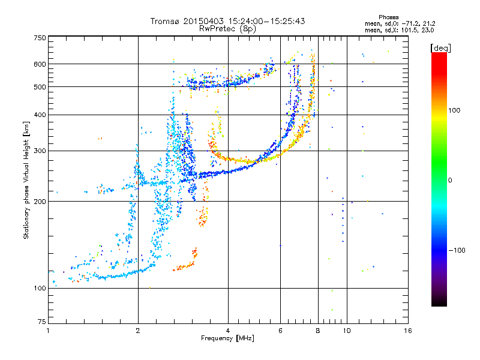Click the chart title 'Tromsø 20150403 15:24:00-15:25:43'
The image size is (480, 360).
[x=228, y=21]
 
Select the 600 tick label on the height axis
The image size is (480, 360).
[x=40, y=64]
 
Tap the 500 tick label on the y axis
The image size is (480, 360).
[x=40, y=87]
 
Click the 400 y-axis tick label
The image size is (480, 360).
[x=40, y=115]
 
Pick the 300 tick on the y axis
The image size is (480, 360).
[x=40, y=151]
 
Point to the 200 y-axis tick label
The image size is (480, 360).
[x=40, y=202]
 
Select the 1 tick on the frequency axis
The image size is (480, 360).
[x=48, y=330]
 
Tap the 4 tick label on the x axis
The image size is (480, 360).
[x=228, y=330]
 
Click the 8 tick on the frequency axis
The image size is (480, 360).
[x=318, y=330]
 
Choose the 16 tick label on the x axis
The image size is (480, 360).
[x=407, y=330]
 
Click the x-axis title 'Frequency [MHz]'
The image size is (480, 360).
[x=227, y=338]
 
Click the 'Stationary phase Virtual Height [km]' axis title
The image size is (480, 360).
[x=26, y=180]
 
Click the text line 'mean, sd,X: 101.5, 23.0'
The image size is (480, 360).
[x=400, y=29]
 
